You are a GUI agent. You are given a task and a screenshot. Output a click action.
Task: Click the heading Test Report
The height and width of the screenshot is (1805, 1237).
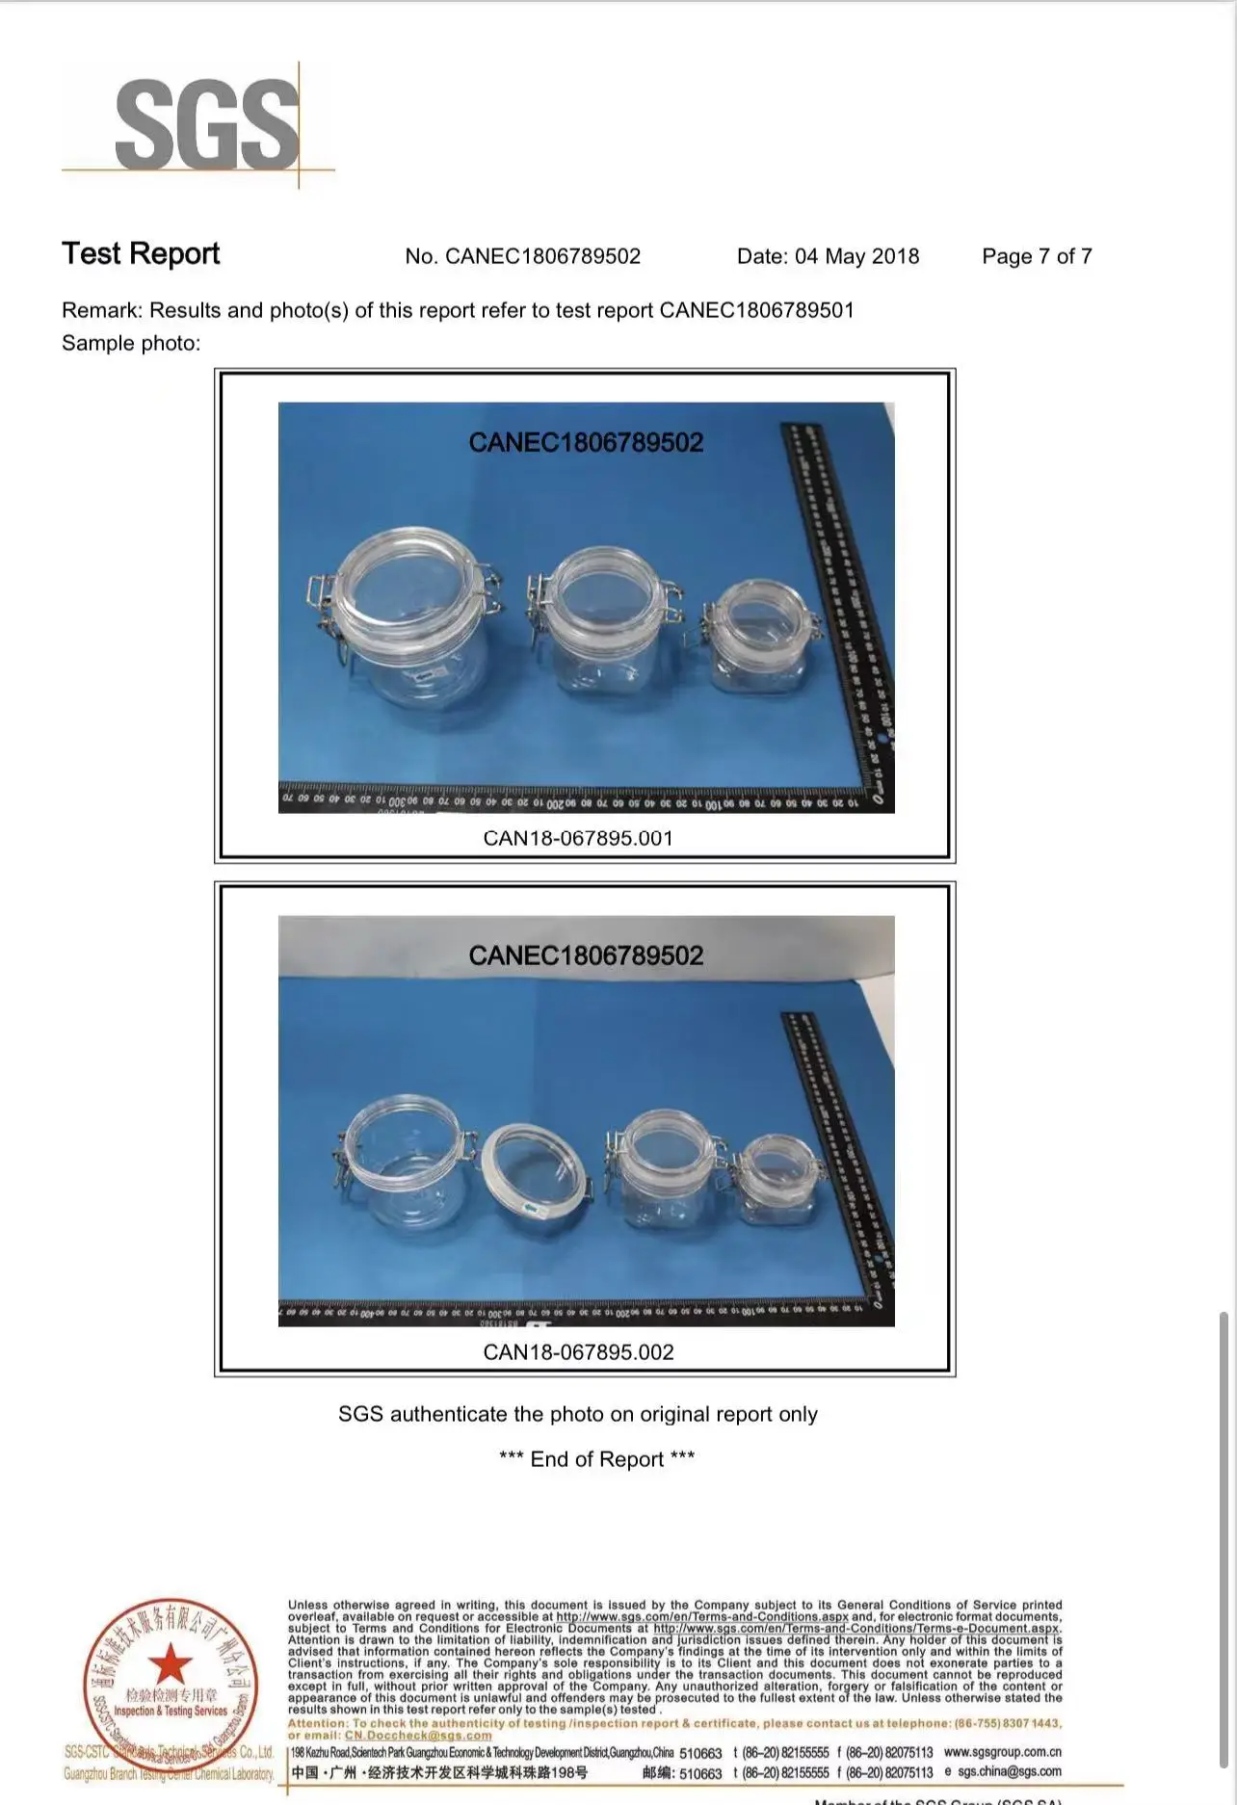(141, 254)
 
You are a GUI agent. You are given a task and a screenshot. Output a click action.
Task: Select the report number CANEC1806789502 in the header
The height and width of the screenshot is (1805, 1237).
(542, 256)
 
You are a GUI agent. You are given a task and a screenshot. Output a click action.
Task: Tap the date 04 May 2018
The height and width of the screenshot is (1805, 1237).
(855, 256)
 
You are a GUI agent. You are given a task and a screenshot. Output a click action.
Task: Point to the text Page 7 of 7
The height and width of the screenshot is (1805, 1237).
(1037, 256)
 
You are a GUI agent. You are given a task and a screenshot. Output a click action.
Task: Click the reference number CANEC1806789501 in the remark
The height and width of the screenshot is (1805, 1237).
(756, 310)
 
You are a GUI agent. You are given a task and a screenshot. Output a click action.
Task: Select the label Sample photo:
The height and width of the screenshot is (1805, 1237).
(131, 343)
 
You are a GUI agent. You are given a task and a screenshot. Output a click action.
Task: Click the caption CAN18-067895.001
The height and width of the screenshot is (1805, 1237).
(578, 838)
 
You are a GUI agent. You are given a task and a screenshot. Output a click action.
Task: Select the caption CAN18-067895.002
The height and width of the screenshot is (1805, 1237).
(578, 1352)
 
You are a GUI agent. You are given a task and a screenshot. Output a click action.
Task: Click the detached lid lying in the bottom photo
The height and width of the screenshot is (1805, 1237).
(534, 1181)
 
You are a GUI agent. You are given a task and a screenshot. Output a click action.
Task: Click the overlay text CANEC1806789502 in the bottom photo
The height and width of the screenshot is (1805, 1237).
(586, 955)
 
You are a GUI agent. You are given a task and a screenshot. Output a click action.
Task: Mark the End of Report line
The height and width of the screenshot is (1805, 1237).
(596, 1459)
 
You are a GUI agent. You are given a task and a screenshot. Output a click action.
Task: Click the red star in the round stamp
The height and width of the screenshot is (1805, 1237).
(171, 1663)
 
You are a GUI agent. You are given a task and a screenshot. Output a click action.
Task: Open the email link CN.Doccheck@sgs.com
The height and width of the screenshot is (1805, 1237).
(418, 1736)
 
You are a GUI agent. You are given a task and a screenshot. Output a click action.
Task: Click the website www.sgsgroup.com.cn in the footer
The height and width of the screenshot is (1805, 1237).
(1002, 1752)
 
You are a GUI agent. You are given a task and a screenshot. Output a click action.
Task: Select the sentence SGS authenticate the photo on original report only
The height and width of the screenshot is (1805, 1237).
(578, 1414)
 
